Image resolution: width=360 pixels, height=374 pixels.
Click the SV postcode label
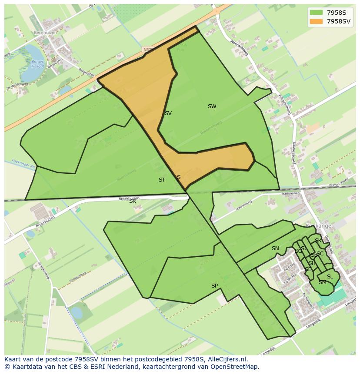coord(168,113)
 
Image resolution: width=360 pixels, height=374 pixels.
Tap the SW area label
coord(212,106)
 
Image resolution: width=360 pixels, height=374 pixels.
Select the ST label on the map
coord(162,180)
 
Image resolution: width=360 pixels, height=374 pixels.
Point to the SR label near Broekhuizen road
coord(133,201)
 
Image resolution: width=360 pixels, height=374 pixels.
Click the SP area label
coord(214,286)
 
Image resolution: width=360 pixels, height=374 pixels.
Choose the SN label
coord(275,248)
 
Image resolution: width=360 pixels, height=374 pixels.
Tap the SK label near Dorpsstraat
coord(318,241)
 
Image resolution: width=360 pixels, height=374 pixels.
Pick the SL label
coord(330,277)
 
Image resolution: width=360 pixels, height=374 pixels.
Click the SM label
coord(322,282)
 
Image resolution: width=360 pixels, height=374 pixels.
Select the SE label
coord(308,269)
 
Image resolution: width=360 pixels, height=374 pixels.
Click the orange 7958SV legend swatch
coord(316,21)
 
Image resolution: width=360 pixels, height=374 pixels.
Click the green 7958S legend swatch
coord(316,12)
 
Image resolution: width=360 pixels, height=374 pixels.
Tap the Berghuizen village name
coord(46,32)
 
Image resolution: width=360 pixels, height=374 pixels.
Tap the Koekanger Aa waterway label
coord(19,165)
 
